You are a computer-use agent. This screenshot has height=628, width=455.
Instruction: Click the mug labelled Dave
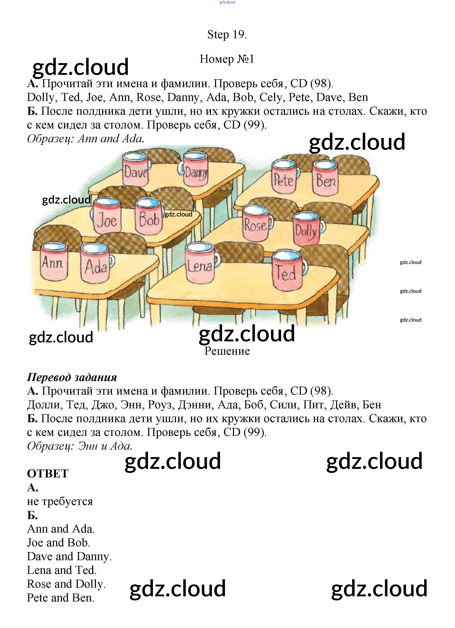tap(135, 169)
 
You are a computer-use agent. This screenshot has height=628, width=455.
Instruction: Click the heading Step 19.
tap(227, 35)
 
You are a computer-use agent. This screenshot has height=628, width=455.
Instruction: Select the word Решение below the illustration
tap(227, 351)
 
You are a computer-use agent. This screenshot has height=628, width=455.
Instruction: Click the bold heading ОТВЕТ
tap(48, 474)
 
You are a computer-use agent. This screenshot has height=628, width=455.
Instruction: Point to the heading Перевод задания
tap(72, 377)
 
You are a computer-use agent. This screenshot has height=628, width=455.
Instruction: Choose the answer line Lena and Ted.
tap(62, 570)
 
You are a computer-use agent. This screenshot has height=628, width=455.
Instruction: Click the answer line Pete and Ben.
tap(61, 598)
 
